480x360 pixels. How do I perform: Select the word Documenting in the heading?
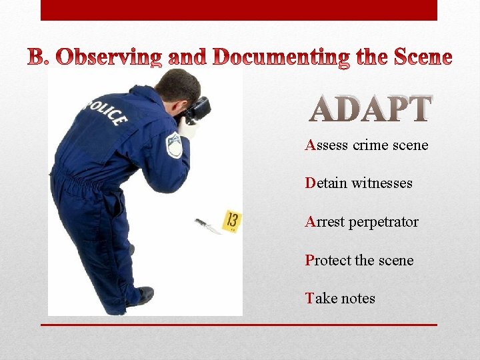(281, 59)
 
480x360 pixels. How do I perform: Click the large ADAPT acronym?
(371, 109)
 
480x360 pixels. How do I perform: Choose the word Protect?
(328, 260)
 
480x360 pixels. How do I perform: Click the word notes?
(358, 299)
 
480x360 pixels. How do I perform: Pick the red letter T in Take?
(309, 299)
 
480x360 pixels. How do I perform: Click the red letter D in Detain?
(310, 183)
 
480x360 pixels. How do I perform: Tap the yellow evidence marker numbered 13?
(232, 221)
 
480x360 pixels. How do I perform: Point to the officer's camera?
(197, 110)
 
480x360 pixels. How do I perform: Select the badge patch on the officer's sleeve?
(174, 145)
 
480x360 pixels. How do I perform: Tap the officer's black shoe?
(143, 295)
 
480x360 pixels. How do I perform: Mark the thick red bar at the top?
(239, 10)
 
